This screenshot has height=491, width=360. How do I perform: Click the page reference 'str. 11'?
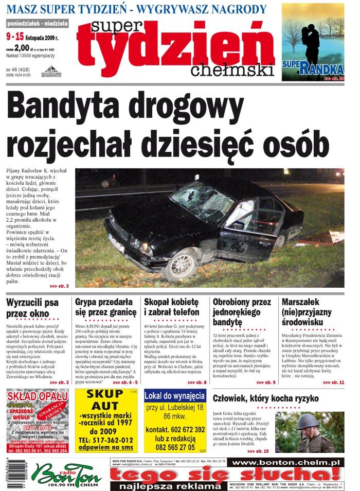pos(334,382)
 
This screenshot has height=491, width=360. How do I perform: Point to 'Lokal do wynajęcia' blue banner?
pos(175,396)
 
